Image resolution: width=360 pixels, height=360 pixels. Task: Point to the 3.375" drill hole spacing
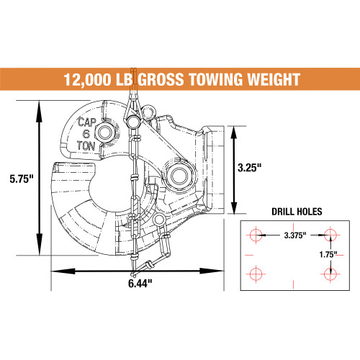292,235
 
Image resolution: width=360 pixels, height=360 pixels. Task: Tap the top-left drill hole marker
253,235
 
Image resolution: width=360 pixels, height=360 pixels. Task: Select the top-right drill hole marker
330,235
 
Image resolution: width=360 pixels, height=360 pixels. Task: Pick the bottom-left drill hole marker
253,273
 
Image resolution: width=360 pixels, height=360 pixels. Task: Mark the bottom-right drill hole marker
330,273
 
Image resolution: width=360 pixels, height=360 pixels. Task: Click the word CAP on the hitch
86,122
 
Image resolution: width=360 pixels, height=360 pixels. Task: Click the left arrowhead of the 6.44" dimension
53,271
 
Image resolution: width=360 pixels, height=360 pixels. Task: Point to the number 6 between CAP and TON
86,132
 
